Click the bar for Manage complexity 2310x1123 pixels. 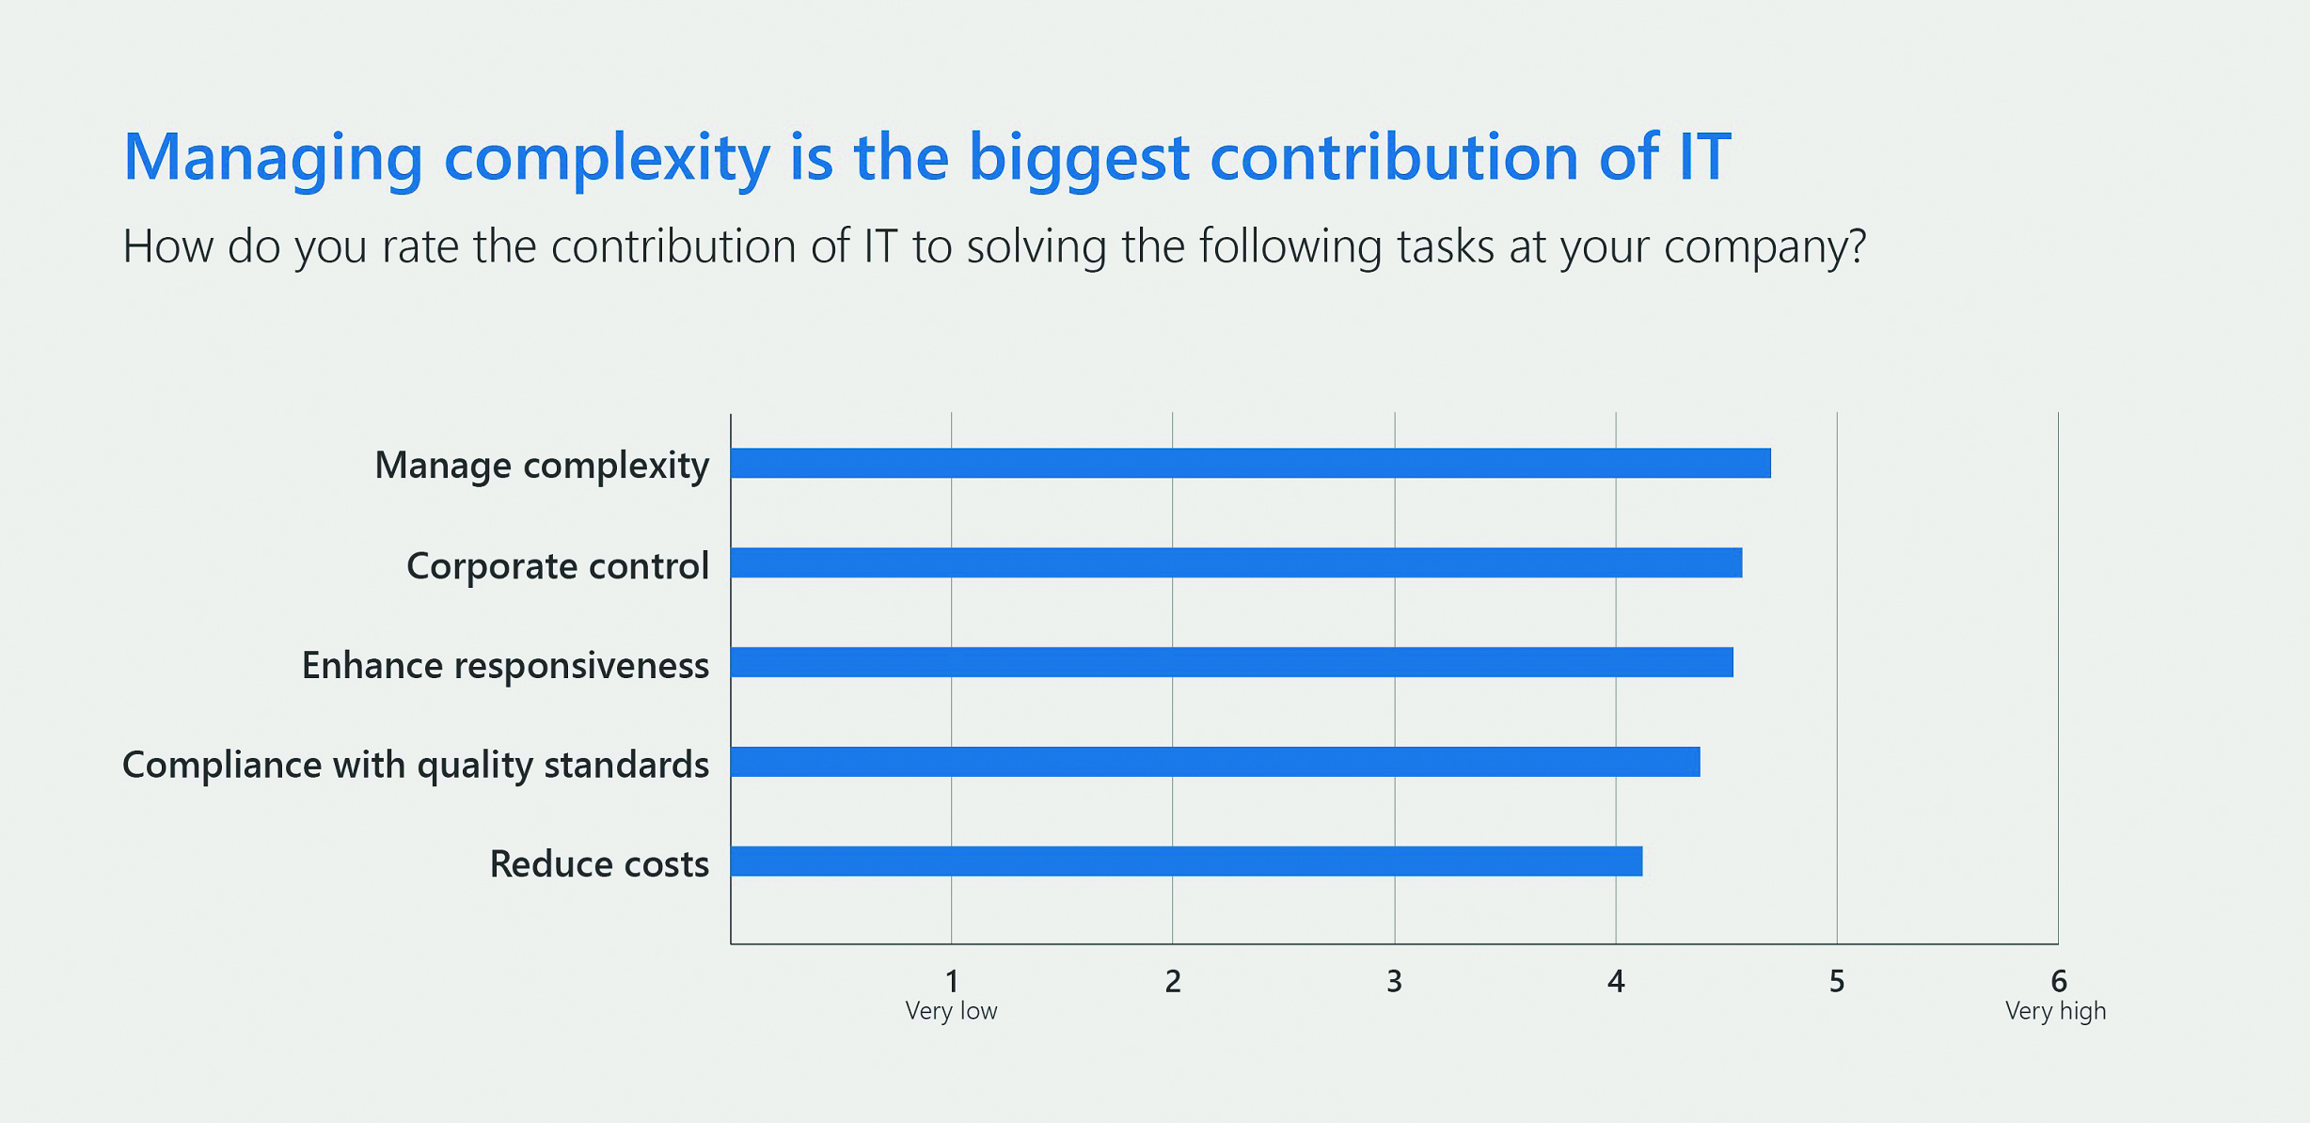[1251, 463]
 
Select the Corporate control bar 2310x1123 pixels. [1237, 562]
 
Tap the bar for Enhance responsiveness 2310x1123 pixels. [1232, 662]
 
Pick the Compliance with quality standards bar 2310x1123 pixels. [1215, 762]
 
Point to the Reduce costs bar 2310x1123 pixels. [1187, 862]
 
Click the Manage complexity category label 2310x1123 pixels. [542, 466]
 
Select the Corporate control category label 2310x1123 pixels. [558, 566]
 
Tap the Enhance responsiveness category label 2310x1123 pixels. [505, 666]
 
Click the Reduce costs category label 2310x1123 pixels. [599, 863]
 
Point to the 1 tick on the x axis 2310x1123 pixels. [952, 981]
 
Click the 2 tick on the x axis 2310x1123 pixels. [1173, 981]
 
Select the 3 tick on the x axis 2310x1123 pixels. [1394, 981]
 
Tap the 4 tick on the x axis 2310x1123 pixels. [1616, 981]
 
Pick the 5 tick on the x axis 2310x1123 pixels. [1837, 981]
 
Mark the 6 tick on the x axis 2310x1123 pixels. [2059, 981]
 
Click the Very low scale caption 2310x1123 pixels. [951, 1011]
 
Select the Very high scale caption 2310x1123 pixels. [2056, 1011]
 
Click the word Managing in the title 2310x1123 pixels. [274, 158]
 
